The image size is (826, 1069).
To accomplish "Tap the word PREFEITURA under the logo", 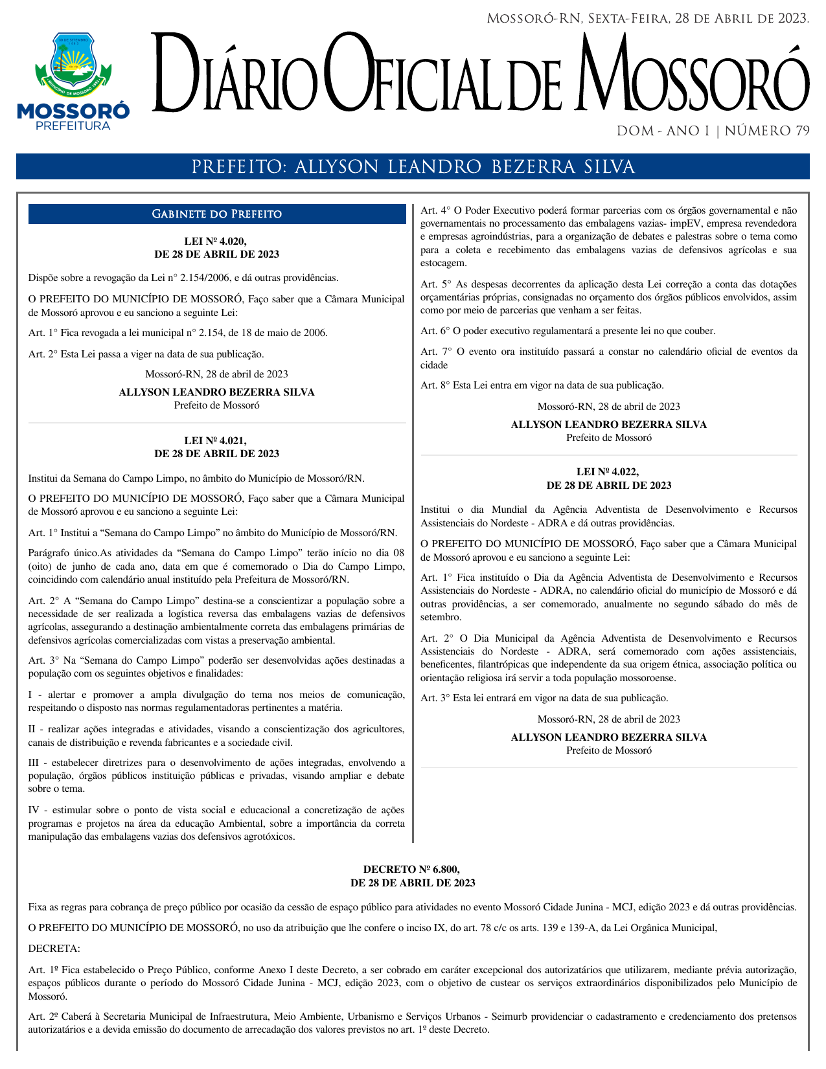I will point(73,126).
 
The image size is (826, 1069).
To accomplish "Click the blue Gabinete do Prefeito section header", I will point(216,214).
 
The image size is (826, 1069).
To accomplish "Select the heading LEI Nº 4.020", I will point(216,242).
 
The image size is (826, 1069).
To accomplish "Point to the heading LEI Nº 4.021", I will point(216,441).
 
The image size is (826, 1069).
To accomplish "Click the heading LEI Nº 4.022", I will point(608,472).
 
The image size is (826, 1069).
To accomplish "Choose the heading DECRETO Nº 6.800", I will point(412,870).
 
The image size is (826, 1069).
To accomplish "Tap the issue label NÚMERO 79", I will point(767,131).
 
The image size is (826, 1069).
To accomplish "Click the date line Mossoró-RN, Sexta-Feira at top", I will point(647,19).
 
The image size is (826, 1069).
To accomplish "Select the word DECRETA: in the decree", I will point(54,949).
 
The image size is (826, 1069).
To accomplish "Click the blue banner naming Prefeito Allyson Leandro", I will point(413,167).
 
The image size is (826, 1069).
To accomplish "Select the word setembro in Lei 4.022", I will point(440,618).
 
